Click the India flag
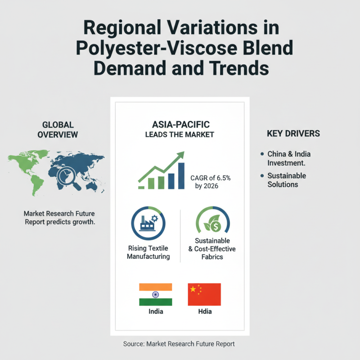coord(156,294)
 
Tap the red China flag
coord(204,294)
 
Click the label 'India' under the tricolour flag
coord(156,311)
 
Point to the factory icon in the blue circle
coord(148,222)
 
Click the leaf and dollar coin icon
coord(212,222)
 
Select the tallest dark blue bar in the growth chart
coord(181,175)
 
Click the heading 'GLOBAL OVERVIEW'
coord(58,129)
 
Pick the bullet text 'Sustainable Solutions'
coord(287,180)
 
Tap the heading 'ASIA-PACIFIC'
coord(180,124)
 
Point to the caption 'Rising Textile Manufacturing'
coord(148,252)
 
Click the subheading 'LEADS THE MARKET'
coord(180,135)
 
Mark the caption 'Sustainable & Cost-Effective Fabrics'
coord(212,249)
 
